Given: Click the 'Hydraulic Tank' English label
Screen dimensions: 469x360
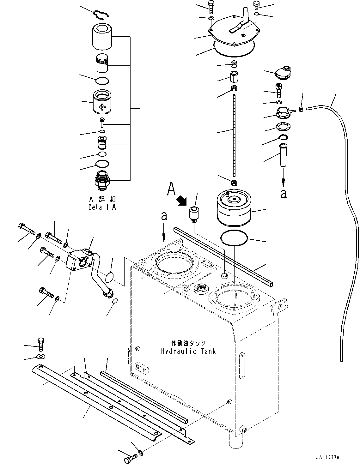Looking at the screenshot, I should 188,351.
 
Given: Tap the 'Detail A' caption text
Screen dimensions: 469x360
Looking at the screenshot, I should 102,208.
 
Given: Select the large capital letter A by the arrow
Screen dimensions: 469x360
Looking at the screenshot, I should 171,189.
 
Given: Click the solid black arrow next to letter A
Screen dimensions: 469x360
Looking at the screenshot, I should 182,200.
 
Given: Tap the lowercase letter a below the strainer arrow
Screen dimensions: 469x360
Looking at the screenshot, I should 284,194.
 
